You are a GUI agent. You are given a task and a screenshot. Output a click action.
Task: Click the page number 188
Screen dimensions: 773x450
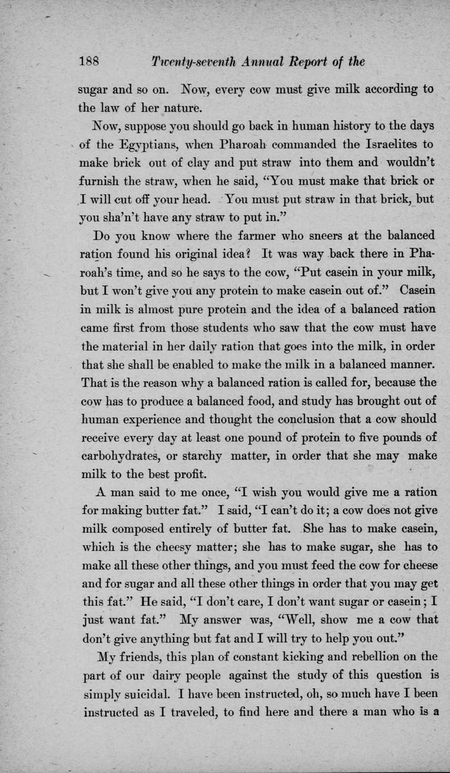[89, 61]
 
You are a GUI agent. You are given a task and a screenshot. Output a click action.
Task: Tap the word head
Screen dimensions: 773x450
[188, 200]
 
